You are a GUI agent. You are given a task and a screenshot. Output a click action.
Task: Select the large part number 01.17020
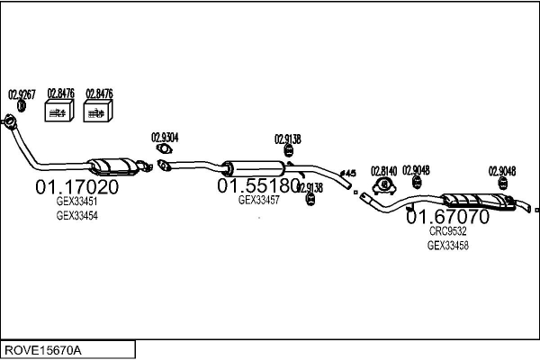click(76, 187)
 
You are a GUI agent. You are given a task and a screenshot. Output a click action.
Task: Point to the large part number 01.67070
click(447, 217)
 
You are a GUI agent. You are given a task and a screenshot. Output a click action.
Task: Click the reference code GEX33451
click(76, 202)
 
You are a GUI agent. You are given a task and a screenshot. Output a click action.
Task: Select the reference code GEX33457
click(258, 200)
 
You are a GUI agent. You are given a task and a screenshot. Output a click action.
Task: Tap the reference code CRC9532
click(447, 231)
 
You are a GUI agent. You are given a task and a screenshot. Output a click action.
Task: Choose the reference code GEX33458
click(447, 245)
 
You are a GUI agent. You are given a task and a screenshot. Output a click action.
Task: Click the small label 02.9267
click(21, 93)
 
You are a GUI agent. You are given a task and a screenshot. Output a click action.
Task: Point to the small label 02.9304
click(164, 137)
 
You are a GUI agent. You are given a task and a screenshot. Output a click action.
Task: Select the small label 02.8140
click(384, 170)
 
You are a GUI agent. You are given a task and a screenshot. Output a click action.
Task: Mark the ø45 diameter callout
click(350, 173)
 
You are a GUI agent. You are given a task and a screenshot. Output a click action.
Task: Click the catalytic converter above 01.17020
click(110, 166)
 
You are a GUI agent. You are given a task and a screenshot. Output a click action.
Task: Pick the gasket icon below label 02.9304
click(164, 149)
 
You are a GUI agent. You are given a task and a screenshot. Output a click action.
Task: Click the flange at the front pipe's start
click(10, 121)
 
